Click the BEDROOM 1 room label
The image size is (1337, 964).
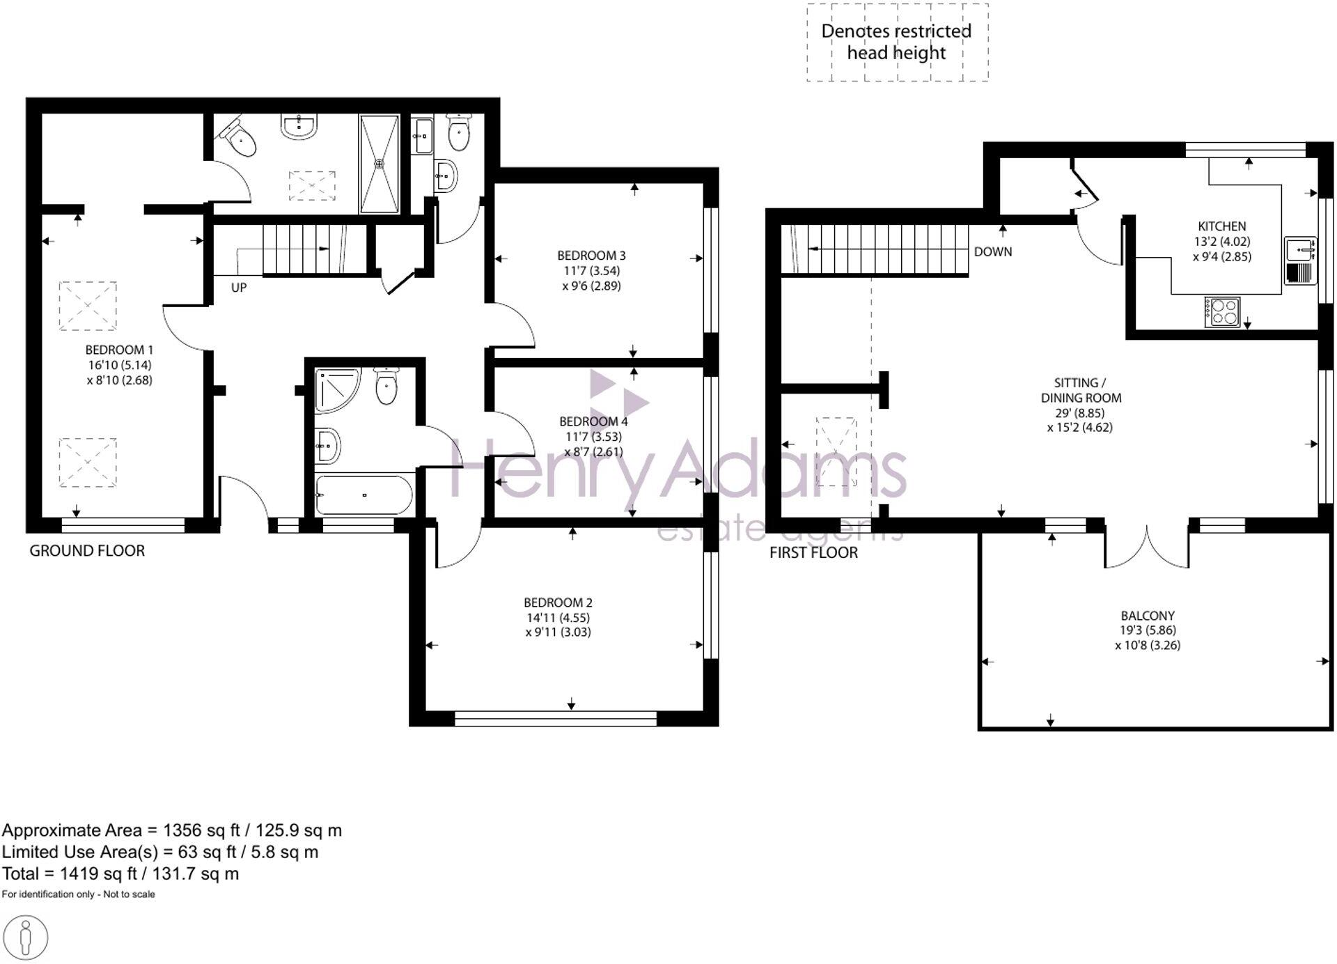(119, 350)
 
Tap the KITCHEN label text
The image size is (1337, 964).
(1221, 226)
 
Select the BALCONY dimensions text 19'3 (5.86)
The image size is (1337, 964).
(1147, 630)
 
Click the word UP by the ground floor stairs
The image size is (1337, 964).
(238, 288)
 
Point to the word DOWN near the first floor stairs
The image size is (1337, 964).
(992, 251)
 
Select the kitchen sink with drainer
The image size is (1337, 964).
(1300, 261)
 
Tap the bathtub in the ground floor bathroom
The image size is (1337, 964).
(363, 495)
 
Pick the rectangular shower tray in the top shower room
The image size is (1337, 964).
(380, 164)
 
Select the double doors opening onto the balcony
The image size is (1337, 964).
(1146, 547)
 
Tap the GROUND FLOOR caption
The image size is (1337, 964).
(87, 551)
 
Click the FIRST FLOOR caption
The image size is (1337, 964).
(813, 553)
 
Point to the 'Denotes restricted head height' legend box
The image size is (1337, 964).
(897, 42)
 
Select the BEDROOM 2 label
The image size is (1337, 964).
(558, 602)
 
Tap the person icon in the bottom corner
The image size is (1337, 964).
(26, 938)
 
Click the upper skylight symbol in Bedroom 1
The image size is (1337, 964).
(88, 306)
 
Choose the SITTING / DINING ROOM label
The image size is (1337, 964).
(1080, 390)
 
